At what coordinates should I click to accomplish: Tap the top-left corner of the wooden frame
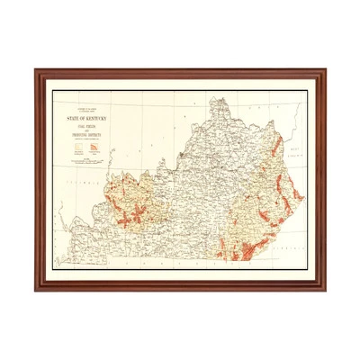(37, 71)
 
